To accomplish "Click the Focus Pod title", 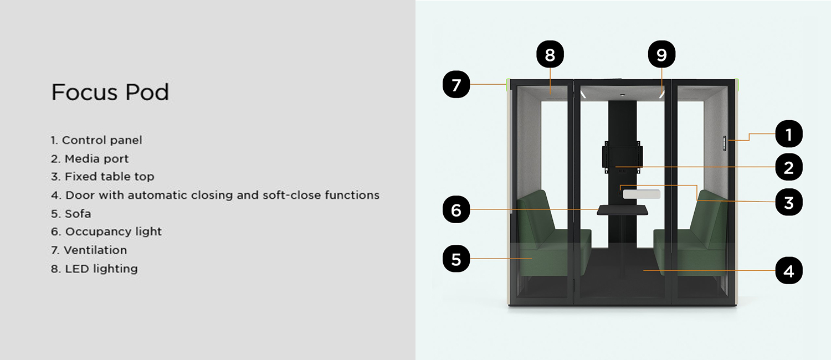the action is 110,92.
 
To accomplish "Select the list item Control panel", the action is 96,140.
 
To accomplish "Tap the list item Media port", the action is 90,159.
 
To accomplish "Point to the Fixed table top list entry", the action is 102,177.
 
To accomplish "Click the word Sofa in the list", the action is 78,214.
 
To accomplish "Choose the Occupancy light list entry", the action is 106,232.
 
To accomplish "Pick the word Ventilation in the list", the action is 95,250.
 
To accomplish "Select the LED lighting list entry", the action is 94,269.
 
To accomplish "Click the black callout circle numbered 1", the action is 789,134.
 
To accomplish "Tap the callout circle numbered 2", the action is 789,167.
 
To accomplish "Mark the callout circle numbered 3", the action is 789,202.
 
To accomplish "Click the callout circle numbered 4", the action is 789,271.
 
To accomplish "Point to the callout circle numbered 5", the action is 456,259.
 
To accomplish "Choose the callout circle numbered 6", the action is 456,209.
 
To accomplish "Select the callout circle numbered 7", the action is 456,84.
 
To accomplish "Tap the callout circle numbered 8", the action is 550,54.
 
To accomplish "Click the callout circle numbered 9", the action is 662,54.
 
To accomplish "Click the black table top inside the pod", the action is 623,210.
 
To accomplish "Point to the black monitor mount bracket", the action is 623,157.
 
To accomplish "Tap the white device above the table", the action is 642,194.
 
